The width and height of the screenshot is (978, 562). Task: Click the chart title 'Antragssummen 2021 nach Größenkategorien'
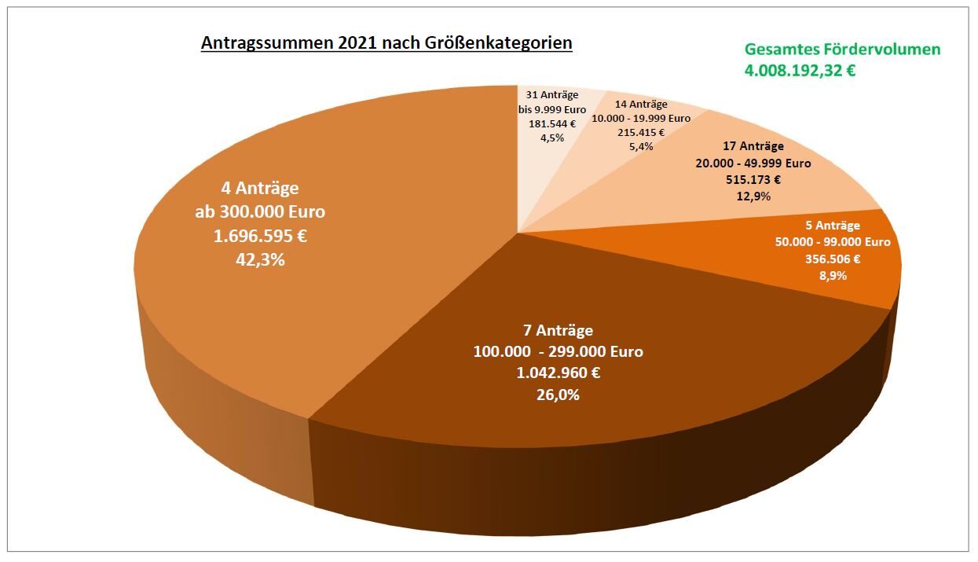tap(386, 42)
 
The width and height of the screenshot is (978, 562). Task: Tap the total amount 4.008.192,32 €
tap(800, 70)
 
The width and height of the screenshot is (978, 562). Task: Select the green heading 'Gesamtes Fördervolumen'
tap(842, 50)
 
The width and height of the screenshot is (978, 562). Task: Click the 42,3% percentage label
tap(260, 259)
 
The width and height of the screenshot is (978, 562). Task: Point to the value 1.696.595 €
tap(260, 235)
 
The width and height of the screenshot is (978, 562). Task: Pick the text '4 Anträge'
tap(260, 189)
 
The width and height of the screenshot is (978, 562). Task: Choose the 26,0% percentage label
tap(558, 395)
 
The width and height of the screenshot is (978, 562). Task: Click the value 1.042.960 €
tap(558, 373)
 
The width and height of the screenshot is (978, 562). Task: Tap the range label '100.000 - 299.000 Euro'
tap(558, 351)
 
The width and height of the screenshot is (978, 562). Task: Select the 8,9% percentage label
tap(833, 276)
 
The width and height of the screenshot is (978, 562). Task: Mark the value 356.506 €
tap(833, 259)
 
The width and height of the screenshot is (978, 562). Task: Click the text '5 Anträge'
tap(833, 226)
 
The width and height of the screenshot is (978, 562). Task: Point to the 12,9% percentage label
tap(753, 197)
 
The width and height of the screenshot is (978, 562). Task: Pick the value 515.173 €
tap(753, 179)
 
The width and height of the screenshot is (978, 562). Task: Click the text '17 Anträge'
tap(753, 146)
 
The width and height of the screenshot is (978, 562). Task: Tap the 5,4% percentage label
tap(641, 146)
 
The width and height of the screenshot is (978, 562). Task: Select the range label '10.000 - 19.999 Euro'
tap(641, 118)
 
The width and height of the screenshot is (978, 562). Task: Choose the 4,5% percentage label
tap(552, 137)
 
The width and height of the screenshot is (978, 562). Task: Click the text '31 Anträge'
tap(552, 95)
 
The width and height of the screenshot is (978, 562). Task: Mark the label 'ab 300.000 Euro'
tap(260, 211)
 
